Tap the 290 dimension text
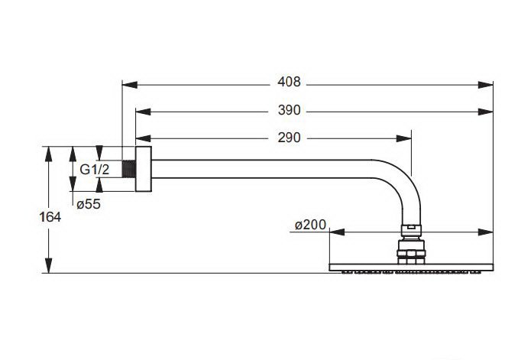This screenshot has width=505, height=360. point(290,138)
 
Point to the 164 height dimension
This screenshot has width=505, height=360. point(50,216)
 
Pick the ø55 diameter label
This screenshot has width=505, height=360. point(89,203)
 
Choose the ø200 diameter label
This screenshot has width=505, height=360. point(310,225)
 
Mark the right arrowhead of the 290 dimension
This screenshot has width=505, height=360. point(406,139)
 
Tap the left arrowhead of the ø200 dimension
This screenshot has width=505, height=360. point(335,232)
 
